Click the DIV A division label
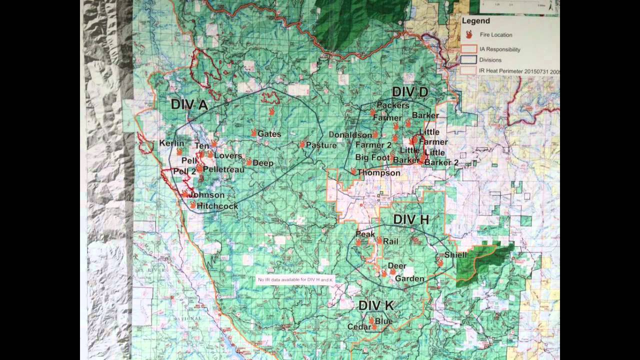(189, 104)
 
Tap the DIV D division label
(410, 92)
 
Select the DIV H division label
(411, 219)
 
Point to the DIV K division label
(376, 305)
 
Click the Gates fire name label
(269, 134)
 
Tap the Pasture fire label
(321, 145)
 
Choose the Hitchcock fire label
(217, 206)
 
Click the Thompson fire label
(379, 173)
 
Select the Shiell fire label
(455, 255)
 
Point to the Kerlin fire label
(171, 143)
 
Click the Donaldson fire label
(350, 135)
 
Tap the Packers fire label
(393, 105)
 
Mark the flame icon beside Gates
(254, 133)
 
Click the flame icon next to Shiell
(440, 262)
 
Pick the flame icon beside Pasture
(302, 144)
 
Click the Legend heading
(475, 21)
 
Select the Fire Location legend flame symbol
(469, 34)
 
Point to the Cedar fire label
(358, 327)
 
